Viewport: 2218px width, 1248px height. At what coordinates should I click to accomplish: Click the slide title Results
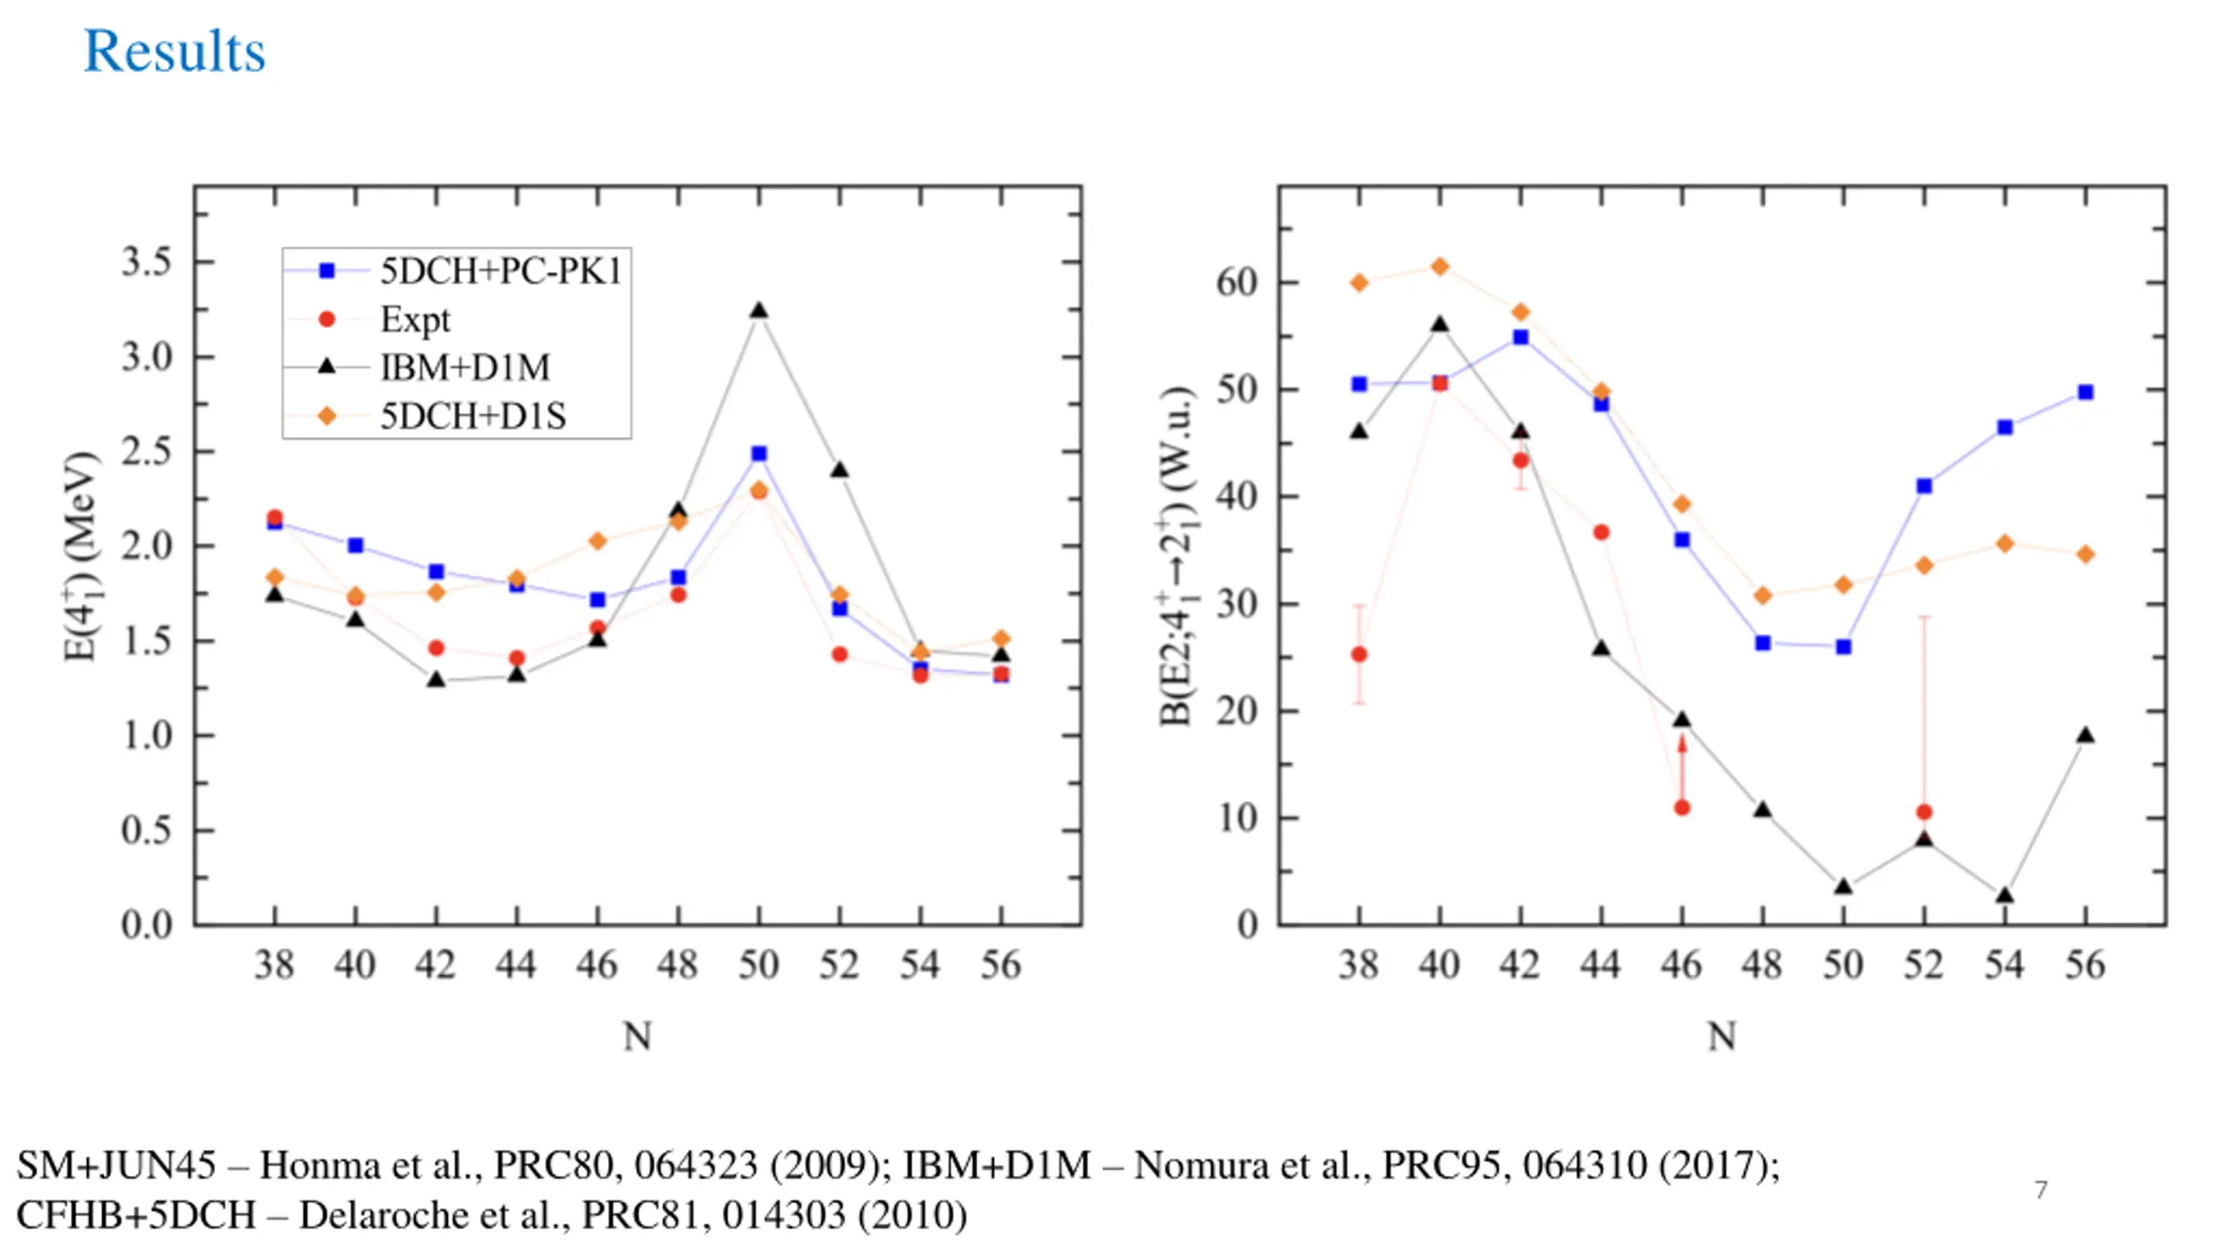174,51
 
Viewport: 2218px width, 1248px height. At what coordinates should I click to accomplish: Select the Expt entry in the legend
415,320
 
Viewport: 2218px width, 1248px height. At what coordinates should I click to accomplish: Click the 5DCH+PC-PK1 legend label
501,271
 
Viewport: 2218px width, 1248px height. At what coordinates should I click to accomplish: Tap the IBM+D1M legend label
464,367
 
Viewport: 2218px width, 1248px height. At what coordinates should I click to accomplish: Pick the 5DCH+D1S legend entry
472,416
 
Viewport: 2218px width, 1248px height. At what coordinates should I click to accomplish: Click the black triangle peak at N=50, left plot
759,310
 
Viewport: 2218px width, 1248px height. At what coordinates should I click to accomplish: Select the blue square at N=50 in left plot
759,453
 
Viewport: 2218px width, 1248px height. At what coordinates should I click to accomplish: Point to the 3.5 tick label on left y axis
146,262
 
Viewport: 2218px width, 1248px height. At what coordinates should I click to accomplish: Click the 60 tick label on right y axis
1236,283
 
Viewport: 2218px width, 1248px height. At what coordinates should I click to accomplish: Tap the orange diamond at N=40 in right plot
1440,266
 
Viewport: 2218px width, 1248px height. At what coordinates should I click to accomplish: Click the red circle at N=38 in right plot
1359,654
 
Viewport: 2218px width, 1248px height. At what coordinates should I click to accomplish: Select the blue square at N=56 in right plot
2085,393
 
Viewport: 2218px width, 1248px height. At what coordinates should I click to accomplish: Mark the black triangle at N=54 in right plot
2005,895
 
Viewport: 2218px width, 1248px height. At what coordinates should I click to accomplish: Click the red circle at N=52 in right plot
1924,812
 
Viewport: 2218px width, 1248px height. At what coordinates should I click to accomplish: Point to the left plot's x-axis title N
638,1036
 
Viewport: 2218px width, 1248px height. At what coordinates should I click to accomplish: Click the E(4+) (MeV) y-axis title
81,556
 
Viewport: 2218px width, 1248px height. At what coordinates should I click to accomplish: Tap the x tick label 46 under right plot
1682,965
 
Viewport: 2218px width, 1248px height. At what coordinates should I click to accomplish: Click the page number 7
2041,1190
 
